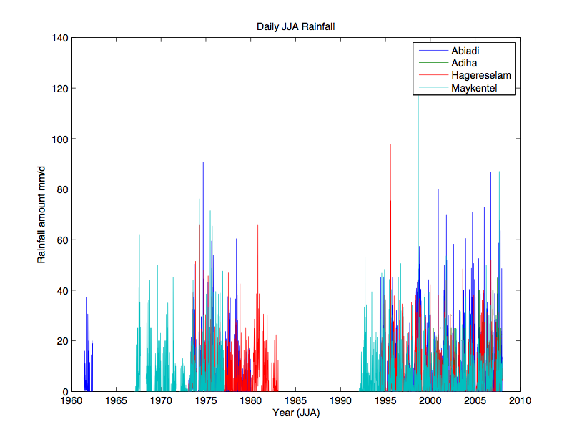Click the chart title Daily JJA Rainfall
coord(295,26)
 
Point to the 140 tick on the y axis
coord(59,38)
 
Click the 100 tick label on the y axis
coord(59,139)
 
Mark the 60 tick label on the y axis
coord(61,240)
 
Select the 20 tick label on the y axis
coord(61,341)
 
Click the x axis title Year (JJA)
coord(295,413)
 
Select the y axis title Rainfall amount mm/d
coord(42,214)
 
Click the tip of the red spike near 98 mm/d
coord(390,144)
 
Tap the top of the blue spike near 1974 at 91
coord(203,162)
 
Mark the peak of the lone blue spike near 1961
coord(86,298)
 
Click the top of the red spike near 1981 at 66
coord(258,225)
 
